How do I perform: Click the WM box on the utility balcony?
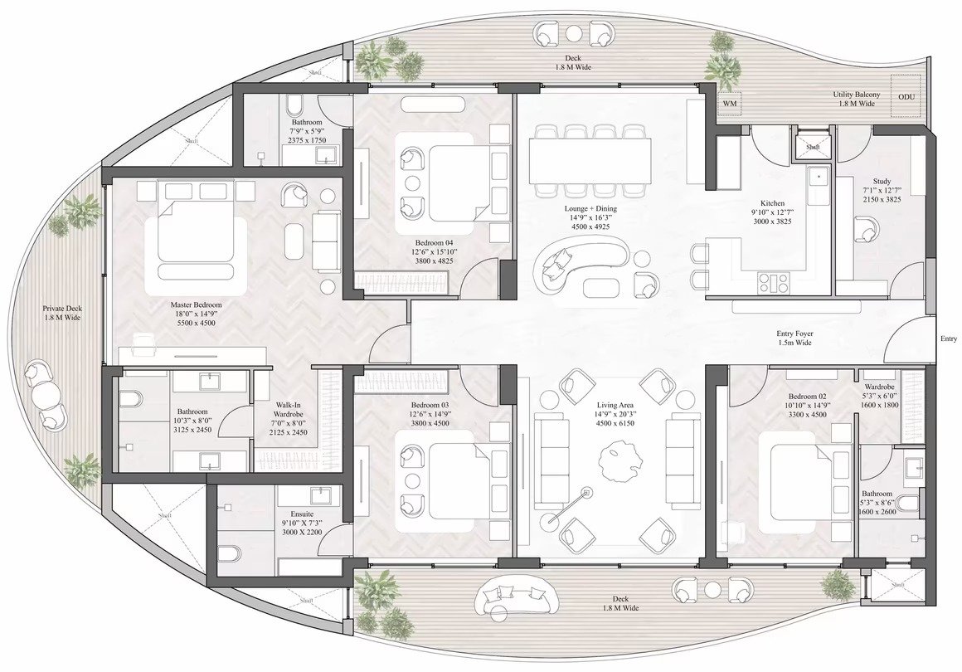(x=730, y=103)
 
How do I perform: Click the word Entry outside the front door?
(x=949, y=338)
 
